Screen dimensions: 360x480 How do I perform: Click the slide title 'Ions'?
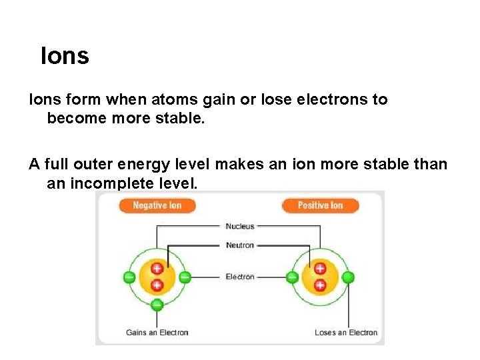click(65, 56)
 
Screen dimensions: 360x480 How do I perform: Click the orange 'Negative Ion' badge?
click(157, 205)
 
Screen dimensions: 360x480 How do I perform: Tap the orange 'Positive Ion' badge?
click(320, 205)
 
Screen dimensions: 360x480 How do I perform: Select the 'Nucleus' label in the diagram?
click(239, 227)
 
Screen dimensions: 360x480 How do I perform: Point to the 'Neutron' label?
click(239, 245)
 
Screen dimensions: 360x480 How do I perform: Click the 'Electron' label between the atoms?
click(239, 277)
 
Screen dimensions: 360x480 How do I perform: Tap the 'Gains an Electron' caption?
click(157, 333)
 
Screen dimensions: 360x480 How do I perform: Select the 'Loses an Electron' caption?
click(346, 333)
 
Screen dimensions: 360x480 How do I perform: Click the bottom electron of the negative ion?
click(157, 305)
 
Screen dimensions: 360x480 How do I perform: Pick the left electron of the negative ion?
click(129, 277)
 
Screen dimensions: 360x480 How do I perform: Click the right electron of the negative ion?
click(185, 277)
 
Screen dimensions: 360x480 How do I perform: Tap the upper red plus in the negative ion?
click(157, 269)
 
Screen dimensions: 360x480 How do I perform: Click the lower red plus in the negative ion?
click(157, 285)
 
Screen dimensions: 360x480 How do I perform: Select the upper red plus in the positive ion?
click(320, 269)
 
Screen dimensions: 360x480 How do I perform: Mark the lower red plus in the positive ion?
click(320, 285)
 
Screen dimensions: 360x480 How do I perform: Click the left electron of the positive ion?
click(292, 277)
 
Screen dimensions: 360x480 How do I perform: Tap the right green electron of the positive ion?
click(348, 277)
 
